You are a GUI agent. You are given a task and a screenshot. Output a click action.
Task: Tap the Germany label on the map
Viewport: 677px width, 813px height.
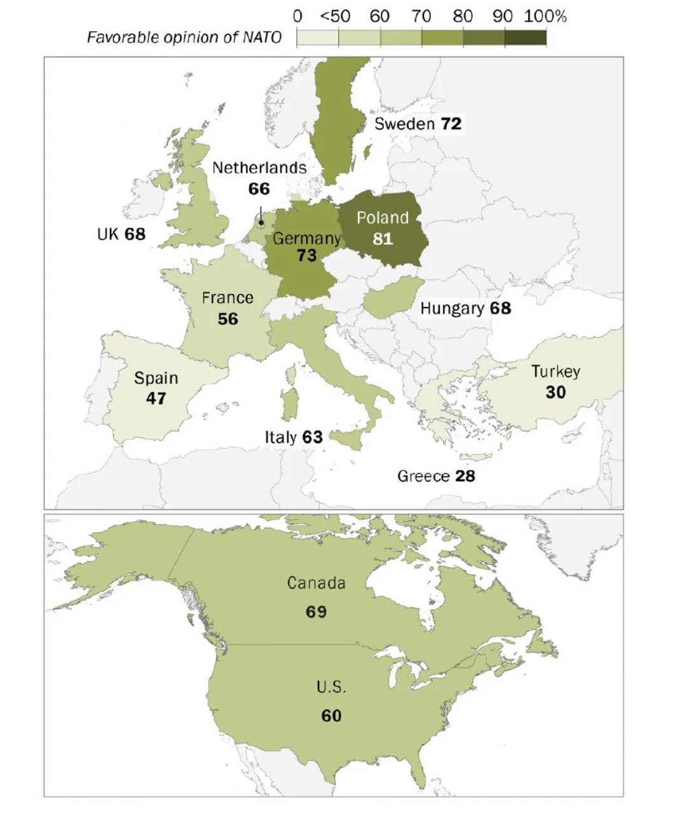307,238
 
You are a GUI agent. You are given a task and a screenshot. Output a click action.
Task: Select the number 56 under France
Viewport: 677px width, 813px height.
228,318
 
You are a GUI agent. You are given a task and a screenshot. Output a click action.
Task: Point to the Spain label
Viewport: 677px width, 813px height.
156,378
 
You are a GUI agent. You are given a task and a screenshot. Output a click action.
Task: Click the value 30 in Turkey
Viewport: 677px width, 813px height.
555,393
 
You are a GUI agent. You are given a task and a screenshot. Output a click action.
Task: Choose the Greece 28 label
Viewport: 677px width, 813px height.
436,476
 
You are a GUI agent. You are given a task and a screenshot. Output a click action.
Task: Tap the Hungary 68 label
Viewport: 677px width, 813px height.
465,309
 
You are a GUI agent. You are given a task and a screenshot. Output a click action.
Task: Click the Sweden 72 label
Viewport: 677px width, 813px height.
418,124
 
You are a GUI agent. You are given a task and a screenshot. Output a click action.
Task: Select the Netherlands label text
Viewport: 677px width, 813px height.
259,168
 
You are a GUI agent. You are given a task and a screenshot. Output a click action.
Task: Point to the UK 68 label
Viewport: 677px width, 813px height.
121,234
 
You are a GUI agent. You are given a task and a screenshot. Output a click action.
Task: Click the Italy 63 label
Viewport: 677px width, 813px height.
294,437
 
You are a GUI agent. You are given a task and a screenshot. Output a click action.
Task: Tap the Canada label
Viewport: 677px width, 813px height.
316,582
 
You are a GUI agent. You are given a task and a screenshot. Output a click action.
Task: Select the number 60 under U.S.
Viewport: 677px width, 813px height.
331,716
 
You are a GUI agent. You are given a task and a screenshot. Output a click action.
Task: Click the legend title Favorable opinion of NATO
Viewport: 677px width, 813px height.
184,37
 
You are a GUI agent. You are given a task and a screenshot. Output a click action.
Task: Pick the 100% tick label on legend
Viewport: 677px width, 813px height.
545,16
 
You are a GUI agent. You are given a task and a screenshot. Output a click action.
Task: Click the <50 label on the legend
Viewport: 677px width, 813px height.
335,16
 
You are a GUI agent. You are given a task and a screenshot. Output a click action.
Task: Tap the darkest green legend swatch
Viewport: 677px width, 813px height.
526,37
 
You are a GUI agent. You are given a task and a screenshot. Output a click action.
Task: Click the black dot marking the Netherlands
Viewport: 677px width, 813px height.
261,223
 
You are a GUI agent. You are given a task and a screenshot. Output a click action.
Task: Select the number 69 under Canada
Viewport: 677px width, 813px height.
316,611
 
